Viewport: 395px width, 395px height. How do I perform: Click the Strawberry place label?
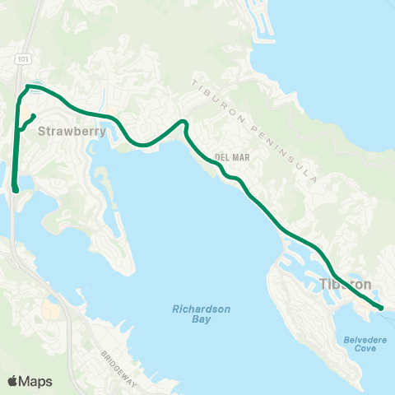(63, 130)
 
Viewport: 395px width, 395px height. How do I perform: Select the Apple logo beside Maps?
(14, 380)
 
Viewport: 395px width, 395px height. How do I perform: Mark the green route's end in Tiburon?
(381, 308)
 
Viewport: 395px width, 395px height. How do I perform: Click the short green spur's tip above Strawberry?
(33, 115)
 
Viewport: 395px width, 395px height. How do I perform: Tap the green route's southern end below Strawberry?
(16, 190)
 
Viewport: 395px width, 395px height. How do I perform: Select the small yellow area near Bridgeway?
(50, 312)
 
